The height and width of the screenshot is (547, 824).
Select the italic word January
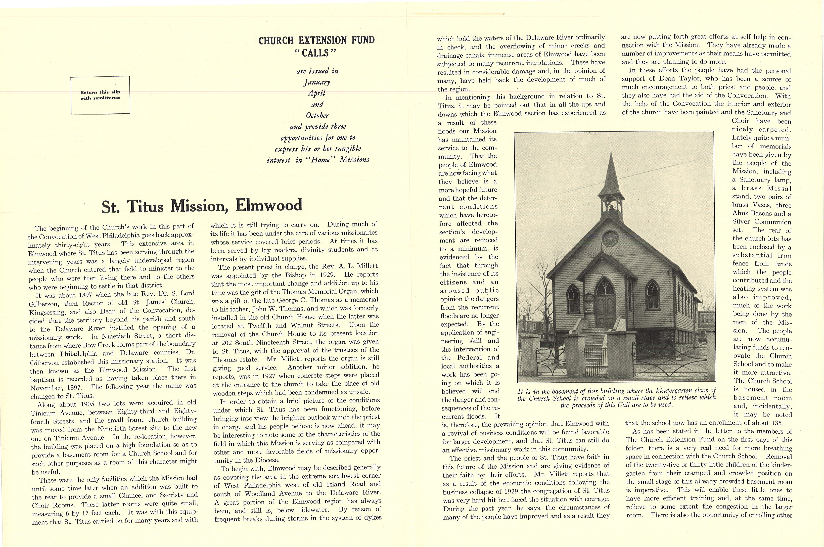pyautogui.click(x=316, y=82)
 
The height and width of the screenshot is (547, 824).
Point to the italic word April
pyautogui.click(x=316, y=93)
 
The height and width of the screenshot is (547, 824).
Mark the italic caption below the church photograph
pyautogui.click(x=616, y=398)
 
